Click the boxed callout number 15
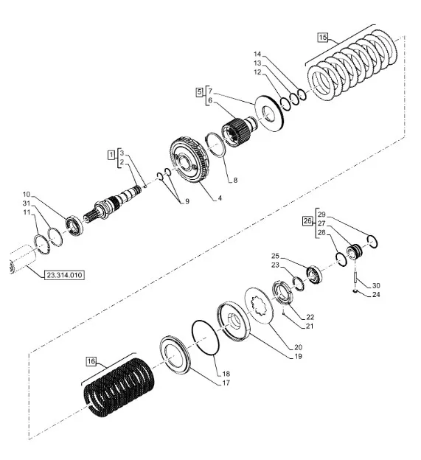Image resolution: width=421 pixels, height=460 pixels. coord(322,38)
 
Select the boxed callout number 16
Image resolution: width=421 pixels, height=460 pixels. coord(91,361)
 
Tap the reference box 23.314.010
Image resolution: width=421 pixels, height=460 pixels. coord(65,275)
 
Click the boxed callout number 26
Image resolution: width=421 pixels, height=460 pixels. coord(307,220)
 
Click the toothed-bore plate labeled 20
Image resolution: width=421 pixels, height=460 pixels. coord(260,305)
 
